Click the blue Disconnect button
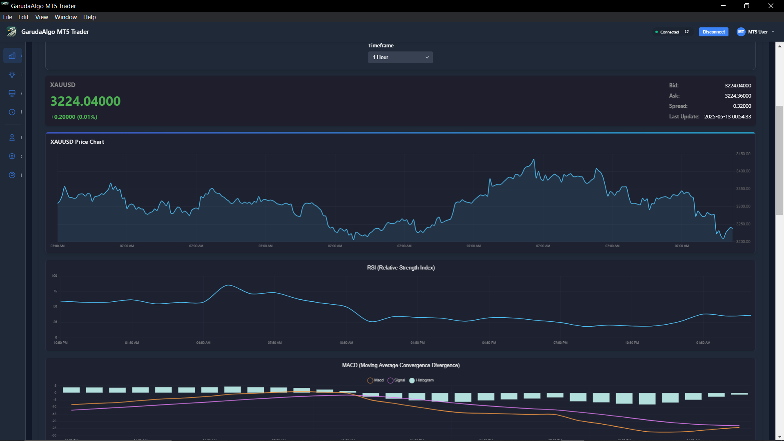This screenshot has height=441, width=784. point(713,32)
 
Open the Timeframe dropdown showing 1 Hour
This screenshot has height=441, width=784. point(400,58)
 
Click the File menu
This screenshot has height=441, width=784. point(7,17)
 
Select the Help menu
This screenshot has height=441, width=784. point(89,17)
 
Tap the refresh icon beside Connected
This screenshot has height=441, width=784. point(687,32)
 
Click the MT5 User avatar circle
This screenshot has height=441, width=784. point(741,32)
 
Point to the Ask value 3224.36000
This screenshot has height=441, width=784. point(738,96)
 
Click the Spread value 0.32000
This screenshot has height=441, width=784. point(742,106)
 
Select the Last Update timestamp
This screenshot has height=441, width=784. point(727,117)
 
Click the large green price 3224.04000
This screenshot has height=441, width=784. point(85,101)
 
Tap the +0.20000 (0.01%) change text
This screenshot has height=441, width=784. point(74,117)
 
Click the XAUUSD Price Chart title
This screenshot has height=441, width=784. point(77,142)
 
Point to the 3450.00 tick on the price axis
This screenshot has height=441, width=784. point(743,154)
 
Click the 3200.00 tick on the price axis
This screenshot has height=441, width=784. point(743,242)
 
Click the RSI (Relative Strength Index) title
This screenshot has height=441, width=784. point(401,268)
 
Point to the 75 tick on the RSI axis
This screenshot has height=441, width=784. point(55,292)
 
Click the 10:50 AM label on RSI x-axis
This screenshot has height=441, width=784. point(346,343)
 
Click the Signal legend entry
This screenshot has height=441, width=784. point(396,381)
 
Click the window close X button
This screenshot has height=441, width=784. point(771,6)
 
